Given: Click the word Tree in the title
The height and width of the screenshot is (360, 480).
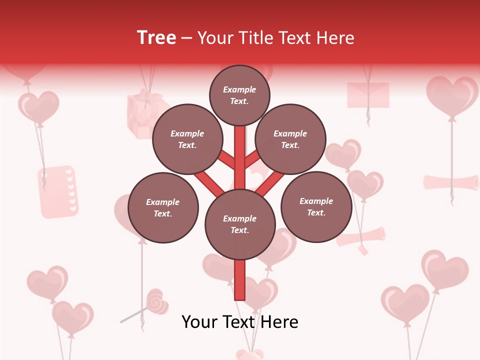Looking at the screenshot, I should click(156, 38).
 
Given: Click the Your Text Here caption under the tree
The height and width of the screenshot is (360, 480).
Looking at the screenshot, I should click(239, 322).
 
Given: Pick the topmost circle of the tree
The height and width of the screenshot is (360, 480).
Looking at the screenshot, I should click(239, 95).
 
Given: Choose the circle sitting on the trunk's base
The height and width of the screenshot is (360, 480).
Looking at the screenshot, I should click(240, 224).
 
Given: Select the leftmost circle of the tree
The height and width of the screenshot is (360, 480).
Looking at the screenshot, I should click(163, 208).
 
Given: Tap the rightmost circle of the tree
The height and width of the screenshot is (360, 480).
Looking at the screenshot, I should click(316, 207).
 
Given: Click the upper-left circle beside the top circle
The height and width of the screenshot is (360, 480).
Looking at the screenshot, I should click(187, 139).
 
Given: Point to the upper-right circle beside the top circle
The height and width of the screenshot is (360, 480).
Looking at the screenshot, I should click(290, 139).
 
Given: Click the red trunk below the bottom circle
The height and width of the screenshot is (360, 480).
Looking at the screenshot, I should click(240, 280).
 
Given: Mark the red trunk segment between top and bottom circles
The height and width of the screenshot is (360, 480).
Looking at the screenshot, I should click(240, 157).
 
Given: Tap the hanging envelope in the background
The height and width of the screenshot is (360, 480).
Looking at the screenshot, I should click(368, 94).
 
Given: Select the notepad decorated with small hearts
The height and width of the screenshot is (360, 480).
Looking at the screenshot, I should click(58, 192).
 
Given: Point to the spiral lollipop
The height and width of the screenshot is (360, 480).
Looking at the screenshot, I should click(156, 301).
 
